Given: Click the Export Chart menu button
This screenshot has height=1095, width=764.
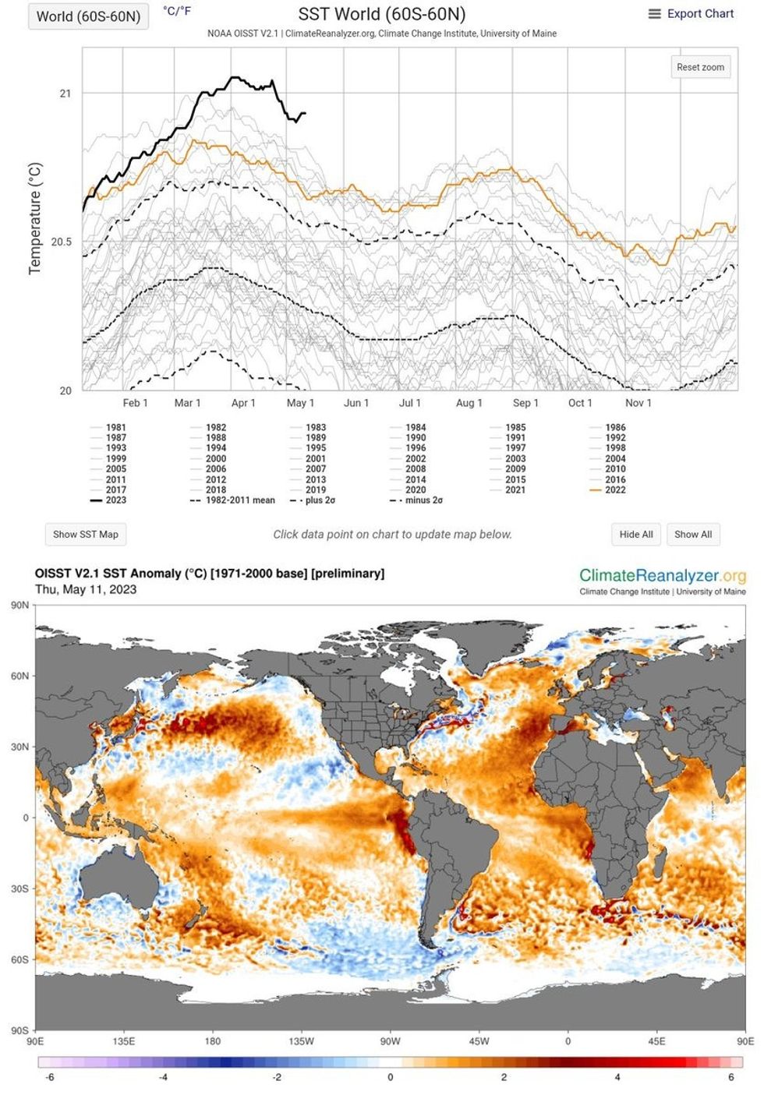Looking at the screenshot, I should [691, 14].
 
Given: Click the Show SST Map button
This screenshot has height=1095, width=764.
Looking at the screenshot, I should [86, 535].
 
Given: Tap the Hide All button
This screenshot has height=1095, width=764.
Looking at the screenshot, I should [636, 535].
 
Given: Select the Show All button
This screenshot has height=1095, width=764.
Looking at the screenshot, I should [693, 535].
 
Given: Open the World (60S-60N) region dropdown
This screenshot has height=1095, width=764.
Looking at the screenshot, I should [88, 16].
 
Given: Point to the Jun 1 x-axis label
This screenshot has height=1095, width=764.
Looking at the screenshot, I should [356, 403].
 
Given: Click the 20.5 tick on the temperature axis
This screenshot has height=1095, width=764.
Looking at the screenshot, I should [62, 242].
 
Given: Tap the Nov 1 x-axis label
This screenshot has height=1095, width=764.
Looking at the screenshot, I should [638, 403].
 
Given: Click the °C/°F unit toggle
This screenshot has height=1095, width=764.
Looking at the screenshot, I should [177, 11].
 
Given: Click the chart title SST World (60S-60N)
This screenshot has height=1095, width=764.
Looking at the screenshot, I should [382, 14].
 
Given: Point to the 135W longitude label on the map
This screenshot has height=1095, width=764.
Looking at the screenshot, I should [302, 1041].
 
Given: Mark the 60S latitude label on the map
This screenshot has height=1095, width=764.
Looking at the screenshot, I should [20, 960].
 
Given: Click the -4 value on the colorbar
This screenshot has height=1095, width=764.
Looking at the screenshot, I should [163, 1078].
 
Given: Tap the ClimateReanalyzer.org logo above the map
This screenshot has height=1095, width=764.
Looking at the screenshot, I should [662, 576].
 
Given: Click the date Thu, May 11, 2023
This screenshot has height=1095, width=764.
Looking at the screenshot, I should [86, 590].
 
